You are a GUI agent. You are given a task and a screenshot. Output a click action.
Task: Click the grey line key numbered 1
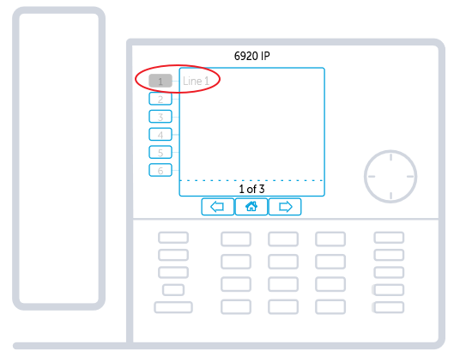pos(160,81)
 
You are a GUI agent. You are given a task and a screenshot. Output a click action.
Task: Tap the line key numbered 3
pos(160,117)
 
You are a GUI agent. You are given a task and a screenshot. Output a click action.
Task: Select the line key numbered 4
pos(160,135)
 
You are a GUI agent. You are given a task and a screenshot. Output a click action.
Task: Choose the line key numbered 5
pos(160,152)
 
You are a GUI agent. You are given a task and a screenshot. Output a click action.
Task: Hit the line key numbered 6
pos(160,170)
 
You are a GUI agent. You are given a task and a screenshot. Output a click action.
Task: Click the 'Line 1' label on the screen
pos(196,81)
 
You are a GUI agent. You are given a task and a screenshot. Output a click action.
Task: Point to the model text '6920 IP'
pos(252,56)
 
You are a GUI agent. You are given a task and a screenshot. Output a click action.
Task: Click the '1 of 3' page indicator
pos(251,189)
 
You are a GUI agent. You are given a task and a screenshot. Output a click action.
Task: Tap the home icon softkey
pos(251,206)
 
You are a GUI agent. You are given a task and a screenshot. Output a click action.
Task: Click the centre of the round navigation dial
pos(390,177)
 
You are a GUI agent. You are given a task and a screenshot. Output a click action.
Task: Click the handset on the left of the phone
pos(59,158)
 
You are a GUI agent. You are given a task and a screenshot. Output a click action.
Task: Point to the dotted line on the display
pos(251,180)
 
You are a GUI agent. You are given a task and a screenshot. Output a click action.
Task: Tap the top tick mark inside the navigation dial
pos(390,157)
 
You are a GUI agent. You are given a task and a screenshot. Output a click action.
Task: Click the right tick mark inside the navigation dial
pos(410,177)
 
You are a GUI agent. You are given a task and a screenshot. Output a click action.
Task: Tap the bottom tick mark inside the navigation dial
pos(390,196)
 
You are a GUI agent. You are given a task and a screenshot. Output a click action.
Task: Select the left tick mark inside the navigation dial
pos(372,177)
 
